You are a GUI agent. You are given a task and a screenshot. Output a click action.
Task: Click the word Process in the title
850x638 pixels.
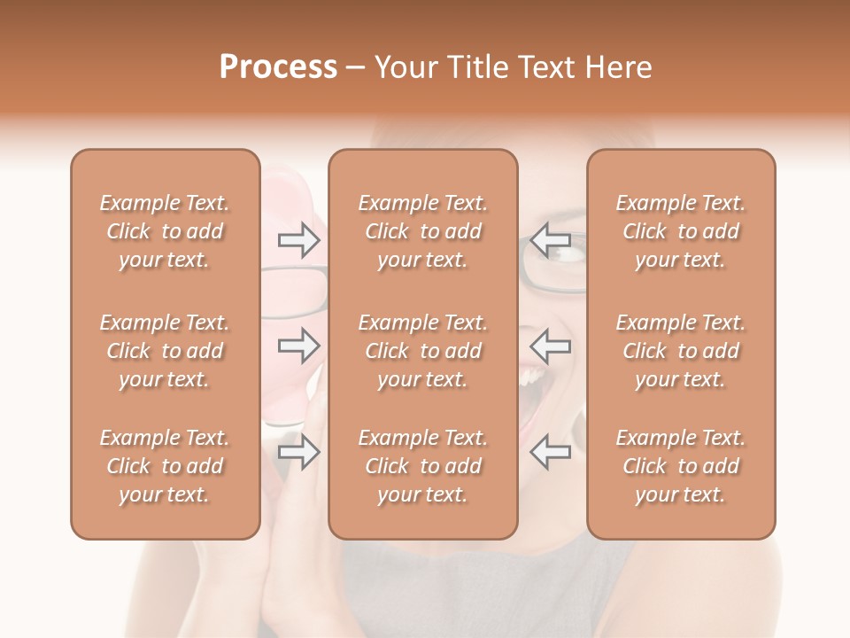point(278,67)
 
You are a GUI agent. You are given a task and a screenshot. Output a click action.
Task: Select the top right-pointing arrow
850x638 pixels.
point(298,240)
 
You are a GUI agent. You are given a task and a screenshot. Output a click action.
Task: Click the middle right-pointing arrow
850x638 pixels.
point(298,346)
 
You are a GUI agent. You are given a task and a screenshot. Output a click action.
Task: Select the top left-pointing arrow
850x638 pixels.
point(550,240)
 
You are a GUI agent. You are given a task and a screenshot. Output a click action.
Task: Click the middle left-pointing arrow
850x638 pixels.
point(550,346)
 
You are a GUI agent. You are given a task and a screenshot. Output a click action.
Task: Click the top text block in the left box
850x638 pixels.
point(165,231)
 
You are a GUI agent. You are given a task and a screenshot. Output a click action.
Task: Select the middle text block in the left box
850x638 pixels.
point(165,351)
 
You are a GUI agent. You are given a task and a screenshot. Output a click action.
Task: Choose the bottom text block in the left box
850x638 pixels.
point(165,466)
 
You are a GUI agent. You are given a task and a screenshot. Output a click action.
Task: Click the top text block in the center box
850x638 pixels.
point(422,231)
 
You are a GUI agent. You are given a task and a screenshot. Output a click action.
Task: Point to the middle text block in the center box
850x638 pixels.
point(422,351)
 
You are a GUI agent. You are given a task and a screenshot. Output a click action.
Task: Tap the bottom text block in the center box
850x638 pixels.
point(422,466)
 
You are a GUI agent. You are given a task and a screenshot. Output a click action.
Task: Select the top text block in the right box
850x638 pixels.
point(681,231)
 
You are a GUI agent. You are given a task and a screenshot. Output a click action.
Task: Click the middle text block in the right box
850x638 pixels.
point(681,351)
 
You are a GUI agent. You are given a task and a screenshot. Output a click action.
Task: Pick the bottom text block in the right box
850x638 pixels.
point(681,466)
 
